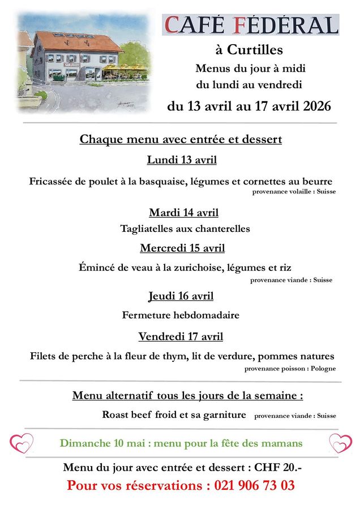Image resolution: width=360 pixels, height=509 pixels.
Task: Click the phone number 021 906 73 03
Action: click(254, 485)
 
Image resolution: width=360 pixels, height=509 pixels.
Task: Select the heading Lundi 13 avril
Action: click(182, 160)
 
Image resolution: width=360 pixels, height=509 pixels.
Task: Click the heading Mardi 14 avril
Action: click(183, 213)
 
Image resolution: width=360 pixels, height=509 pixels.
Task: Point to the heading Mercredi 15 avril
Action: click(182, 248)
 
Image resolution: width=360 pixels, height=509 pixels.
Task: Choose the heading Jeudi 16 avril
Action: click(181, 296)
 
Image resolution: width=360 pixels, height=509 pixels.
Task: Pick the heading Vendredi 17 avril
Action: click(181, 337)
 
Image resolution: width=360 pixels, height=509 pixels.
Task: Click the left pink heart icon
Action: click(23, 442)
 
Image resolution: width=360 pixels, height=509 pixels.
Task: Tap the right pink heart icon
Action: click(340, 443)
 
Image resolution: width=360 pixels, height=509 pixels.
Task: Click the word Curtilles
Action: click(255, 50)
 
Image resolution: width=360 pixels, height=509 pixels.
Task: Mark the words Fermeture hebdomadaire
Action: click(181, 315)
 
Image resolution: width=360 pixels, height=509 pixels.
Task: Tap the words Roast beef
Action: click(127, 415)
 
